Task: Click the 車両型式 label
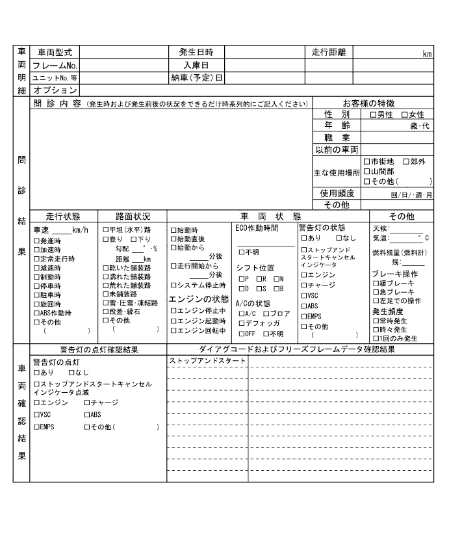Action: coord(55,52)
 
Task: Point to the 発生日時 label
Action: coord(196,52)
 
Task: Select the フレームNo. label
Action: coord(55,65)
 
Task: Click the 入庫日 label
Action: coord(196,65)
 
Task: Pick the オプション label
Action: coord(55,90)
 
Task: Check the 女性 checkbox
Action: coord(405,114)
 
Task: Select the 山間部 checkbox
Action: coord(367,171)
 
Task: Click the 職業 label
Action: coord(337,138)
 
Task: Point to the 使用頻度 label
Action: coord(337,193)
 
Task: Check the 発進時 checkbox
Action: coord(36,240)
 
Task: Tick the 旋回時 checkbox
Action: coord(36,304)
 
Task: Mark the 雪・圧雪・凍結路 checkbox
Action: coord(106,303)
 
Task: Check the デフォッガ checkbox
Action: coord(242,323)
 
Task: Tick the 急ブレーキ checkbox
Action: coord(376,292)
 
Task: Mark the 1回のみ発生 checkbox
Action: coord(376,339)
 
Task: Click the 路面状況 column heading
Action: coord(133,217)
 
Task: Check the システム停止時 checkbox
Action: coord(173,285)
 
